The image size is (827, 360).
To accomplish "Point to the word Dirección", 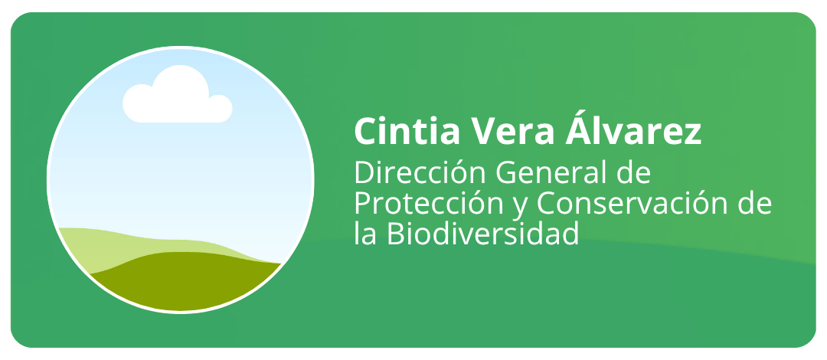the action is (x=420, y=172).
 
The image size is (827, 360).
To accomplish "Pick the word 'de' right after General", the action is (x=633, y=172).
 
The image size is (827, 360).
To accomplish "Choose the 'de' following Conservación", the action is (x=753, y=203).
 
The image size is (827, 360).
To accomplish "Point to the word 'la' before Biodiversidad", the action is (x=365, y=234).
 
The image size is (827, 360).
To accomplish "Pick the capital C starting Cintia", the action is (x=367, y=131).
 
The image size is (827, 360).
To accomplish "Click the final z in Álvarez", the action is (x=691, y=134).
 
